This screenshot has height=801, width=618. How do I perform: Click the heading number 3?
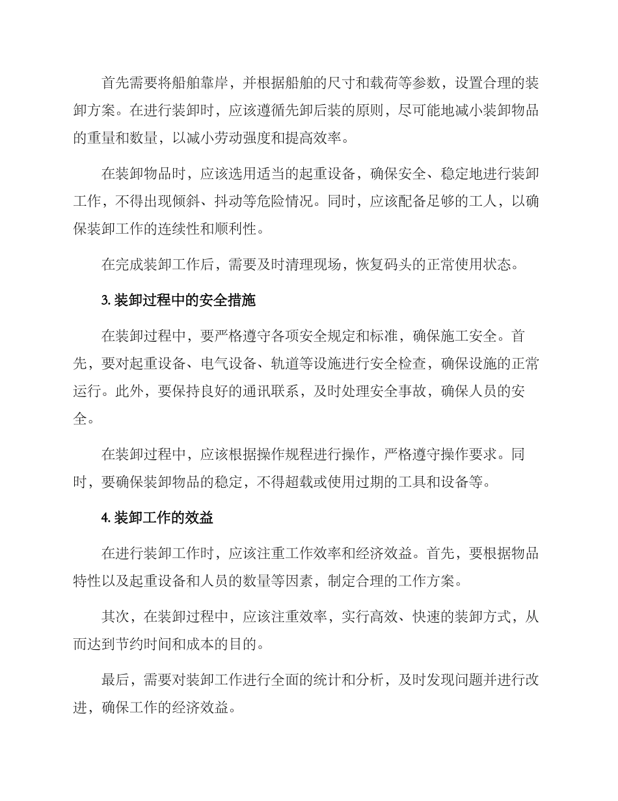pos(105,301)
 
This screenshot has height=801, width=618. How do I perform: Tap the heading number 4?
pos(105,518)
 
